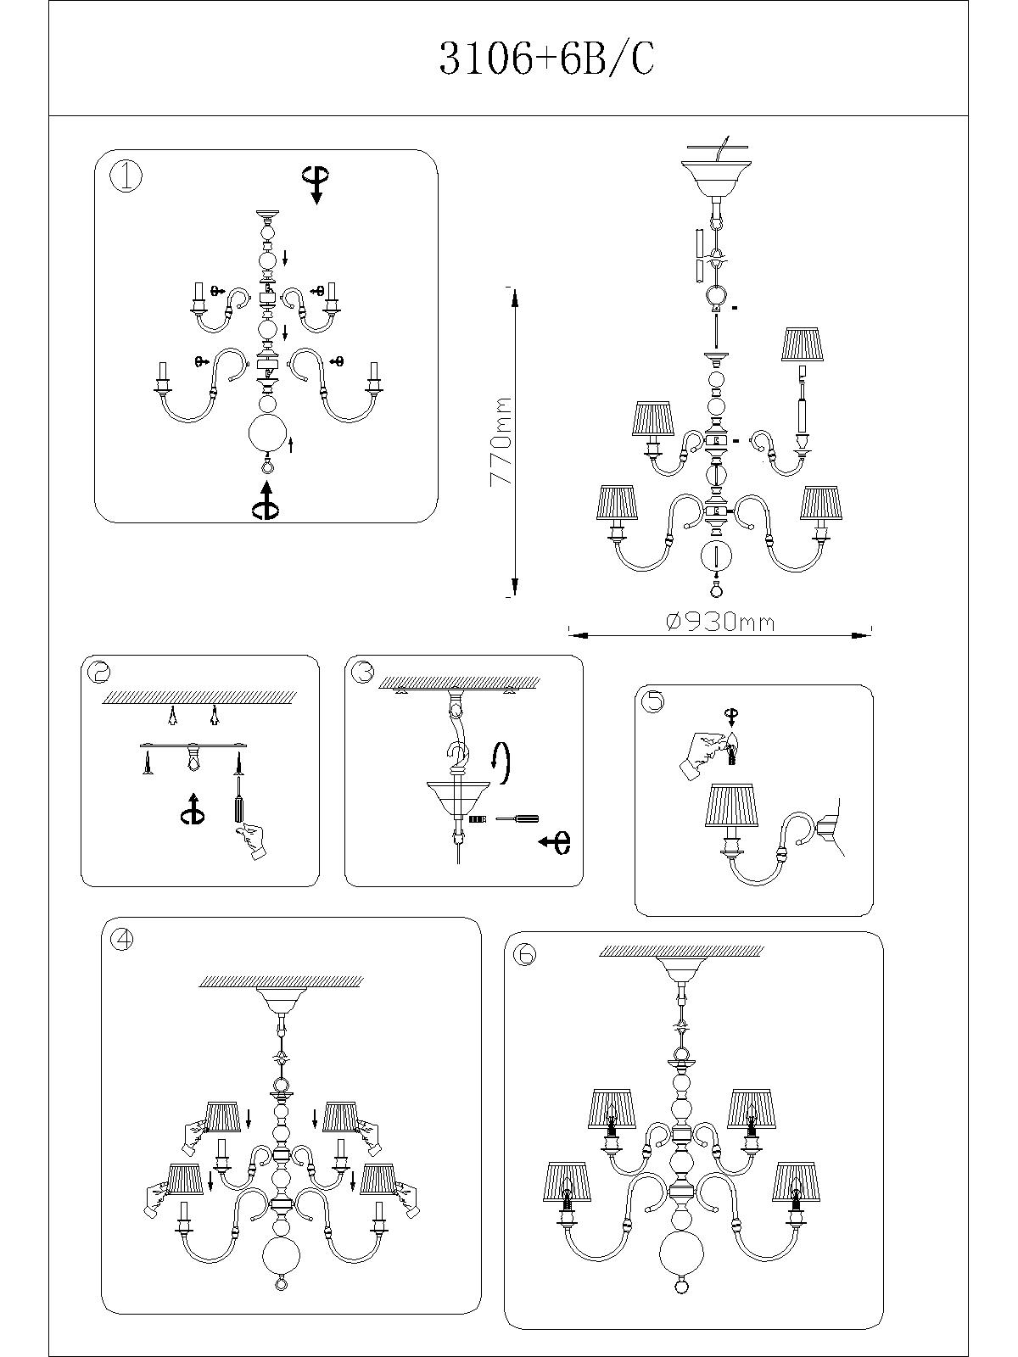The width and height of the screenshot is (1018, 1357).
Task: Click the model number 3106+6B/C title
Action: (546, 59)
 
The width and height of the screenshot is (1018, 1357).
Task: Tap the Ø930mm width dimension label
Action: (720, 622)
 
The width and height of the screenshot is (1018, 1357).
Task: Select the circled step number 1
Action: (126, 177)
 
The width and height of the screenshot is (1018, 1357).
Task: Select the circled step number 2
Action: (99, 672)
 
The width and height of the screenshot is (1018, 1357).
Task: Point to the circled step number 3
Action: (362, 672)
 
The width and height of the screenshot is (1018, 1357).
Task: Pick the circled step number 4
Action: (123, 939)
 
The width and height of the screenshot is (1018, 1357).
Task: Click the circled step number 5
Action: (652, 701)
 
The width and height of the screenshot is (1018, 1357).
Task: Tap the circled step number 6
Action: (525, 954)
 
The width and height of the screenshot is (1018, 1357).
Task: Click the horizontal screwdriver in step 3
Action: (517, 818)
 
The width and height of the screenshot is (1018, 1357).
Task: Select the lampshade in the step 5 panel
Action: (731, 806)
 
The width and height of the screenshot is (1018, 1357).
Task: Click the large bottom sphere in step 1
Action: (268, 434)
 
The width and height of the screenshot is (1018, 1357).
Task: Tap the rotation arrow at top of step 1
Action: (316, 183)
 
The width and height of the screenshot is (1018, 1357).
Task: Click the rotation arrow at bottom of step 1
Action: (266, 500)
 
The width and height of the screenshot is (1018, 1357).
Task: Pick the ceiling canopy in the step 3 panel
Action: (458, 797)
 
